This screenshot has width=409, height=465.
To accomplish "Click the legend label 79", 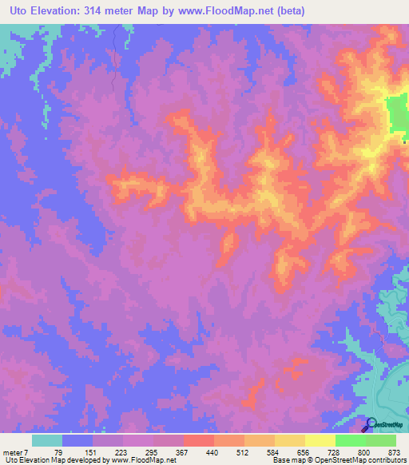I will [x=58, y=451].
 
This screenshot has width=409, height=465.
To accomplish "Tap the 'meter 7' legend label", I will [x=15, y=451].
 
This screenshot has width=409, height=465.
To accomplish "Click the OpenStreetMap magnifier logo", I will [x=372, y=424].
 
